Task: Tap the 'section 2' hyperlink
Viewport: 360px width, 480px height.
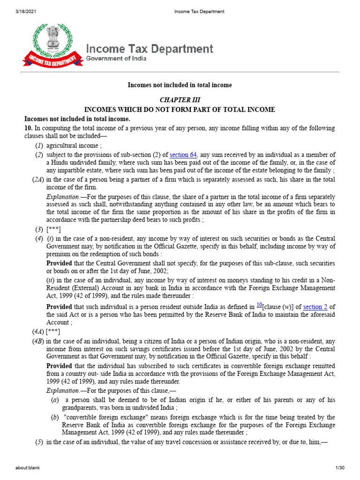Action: (x=313, y=307)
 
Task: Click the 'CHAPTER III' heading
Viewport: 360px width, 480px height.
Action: (x=180, y=101)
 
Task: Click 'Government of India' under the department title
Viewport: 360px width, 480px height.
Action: (x=116, y=59)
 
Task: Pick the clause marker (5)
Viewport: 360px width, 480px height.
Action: (x=40, y=442)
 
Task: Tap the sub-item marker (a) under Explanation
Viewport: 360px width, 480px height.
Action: (x=55, y=400)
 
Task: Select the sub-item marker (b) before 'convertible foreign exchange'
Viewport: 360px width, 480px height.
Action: (x=55, y=417)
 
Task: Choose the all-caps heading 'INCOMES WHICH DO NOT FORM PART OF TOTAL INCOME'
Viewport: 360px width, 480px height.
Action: (x=180, y=110)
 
